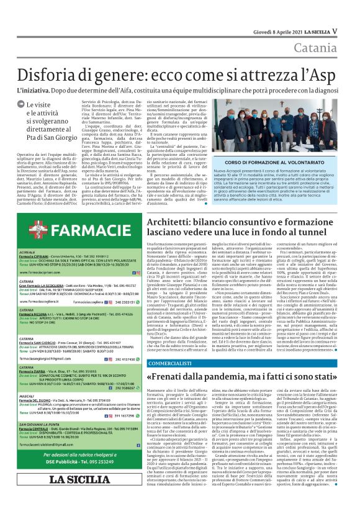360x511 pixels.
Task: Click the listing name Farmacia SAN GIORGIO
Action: tap(38, 342)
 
